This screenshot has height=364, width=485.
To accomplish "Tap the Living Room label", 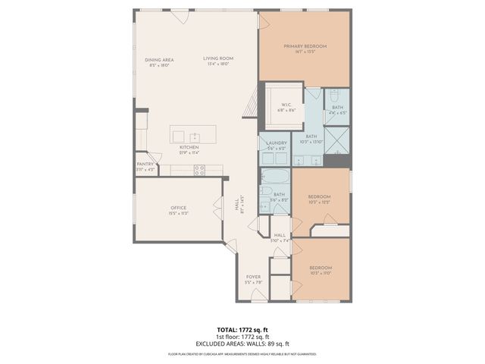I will pos(217,59).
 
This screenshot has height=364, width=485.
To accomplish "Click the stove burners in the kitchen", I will pos(199,171).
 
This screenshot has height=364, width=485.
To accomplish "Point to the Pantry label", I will pos(145,164).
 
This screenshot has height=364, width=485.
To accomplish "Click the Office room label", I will pos(178,208).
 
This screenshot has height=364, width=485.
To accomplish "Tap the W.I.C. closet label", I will pos(286,105).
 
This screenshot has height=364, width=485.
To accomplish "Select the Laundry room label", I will pos(277,143).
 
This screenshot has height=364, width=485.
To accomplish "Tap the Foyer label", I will pos(253,277).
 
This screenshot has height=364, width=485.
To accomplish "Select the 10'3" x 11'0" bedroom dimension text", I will pos(321,272).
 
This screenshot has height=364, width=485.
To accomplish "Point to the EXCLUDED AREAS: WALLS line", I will pos(242,344).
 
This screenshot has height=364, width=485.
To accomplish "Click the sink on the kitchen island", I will pos(193,136).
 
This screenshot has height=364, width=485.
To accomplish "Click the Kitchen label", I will pos(189,148).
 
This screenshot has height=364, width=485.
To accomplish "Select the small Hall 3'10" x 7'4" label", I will pos(280,236).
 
